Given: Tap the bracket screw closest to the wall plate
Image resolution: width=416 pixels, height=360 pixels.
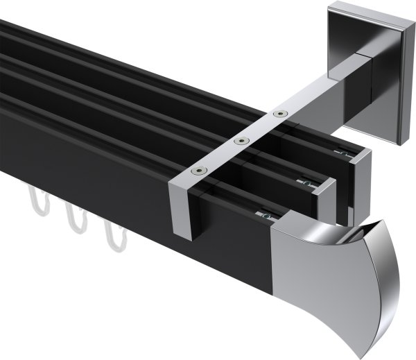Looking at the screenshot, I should tap(279, 112).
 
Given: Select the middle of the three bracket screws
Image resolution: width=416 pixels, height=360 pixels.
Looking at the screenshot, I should tap(241, 141).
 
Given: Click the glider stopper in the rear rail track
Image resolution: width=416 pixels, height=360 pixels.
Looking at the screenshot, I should tap(342, 151).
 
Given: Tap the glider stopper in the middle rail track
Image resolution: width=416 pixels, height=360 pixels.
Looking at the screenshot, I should tap(305, 182).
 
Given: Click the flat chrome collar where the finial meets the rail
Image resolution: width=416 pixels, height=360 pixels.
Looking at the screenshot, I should tap(291, 264).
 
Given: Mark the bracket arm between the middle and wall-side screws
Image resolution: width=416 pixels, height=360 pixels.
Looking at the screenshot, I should tap(260, 126).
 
